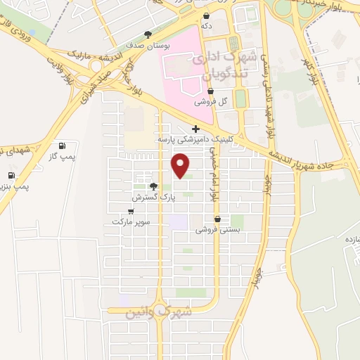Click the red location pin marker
pyautogui.click(x=181, y=166)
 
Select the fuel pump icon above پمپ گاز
pyautogui.click(x=63, y=146)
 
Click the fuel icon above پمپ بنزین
pyautogui.click(x=11, y=175)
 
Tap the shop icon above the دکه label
pyautogui.click(x=206, y=15)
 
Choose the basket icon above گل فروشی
pyautogui.click(x=211, y=91)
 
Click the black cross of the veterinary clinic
pyautogui.click(x=195, y=129)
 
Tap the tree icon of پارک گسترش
pyautogui.click(x=153, y=187)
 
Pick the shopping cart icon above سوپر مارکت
pyautogui.click(x=131, y=211)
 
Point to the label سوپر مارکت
pyautogui.click(x=131, y=221)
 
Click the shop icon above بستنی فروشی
pyautogui.click(x=221, y=219)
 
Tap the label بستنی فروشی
pyautogui.click(x=217, y=229)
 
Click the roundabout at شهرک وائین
pyautogui.click(x=160, y=308)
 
